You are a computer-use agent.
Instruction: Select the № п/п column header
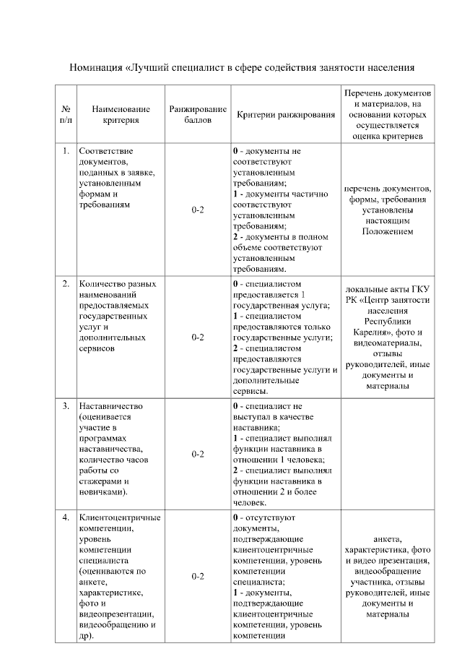tap(66, 114)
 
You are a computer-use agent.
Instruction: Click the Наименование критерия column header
tap(121, 114)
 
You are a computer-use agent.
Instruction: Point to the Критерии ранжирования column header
tap(285, 115)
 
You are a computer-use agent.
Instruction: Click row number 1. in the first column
tap(66, 150)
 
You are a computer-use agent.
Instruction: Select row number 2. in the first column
tap(66, 283)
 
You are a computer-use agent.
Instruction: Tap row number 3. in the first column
tap(66, 406)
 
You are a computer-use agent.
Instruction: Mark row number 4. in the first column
tap(66, 517)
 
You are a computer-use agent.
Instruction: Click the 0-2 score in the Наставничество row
tap(198, 454)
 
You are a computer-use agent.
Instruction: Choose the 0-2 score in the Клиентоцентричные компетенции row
tap(198, 577)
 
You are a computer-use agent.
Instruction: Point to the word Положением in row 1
tap(388, 231)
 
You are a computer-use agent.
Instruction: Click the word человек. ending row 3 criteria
tap(250, 502)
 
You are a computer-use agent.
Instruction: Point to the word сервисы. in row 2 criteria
tap(250, 391)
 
